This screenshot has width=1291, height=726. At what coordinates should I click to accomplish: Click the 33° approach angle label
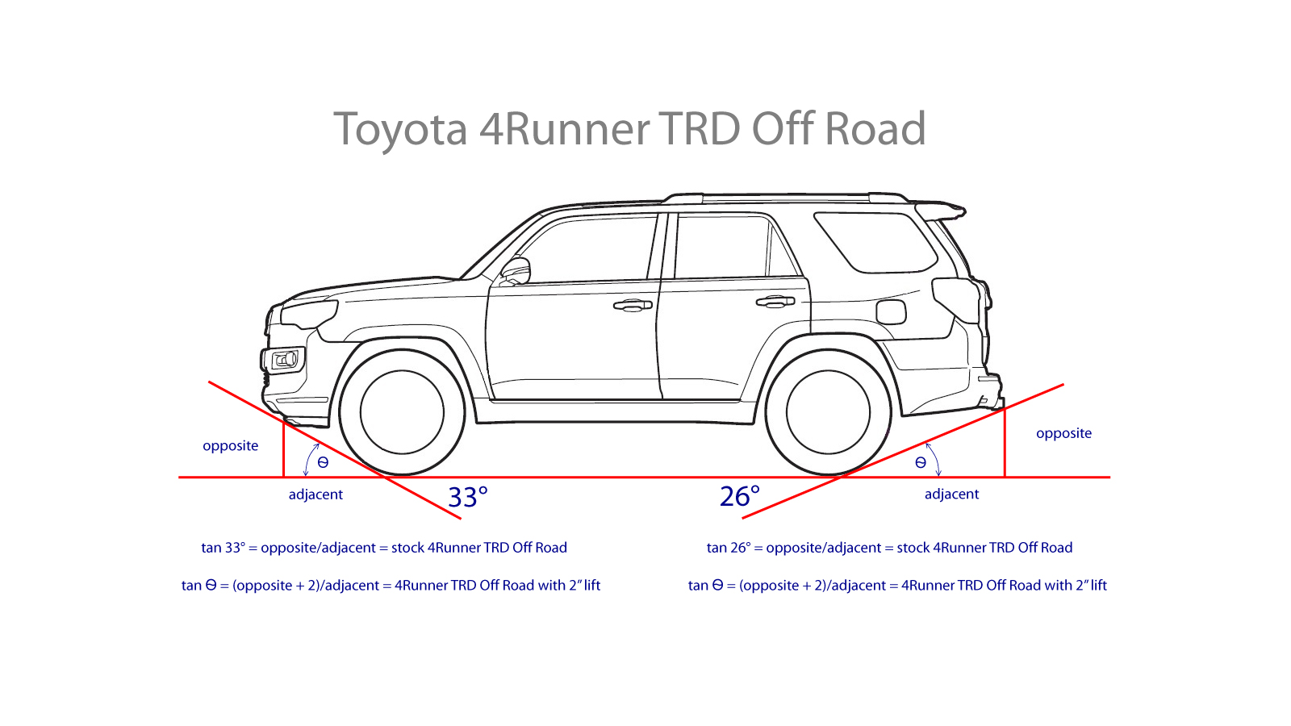pos(467,497)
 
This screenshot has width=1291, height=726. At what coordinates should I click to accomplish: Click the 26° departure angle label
pos(739,496)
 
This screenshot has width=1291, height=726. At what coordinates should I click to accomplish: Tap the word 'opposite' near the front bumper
pos(230,445)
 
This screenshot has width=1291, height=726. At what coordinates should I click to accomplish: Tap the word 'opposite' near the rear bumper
pos(1063,433)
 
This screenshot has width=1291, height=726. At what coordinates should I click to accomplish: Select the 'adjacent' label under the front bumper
pos(315,494)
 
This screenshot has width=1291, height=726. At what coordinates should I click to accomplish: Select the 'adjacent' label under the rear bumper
pos(951,494)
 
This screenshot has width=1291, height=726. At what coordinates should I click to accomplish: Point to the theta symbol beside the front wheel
pos(323,462)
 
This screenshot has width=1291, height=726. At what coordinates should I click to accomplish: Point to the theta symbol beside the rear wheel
pos(921,462)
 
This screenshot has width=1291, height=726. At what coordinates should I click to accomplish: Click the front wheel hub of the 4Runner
pos(402,411)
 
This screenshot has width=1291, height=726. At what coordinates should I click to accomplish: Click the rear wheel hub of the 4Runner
pos(828,411)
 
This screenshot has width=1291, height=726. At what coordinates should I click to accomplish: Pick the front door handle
pos(633,305)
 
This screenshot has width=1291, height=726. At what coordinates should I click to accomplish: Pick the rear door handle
pos(775,301)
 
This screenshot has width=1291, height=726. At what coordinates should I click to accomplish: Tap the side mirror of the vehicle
pos(516,270)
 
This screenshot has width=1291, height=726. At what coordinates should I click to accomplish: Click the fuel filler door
pos(891,311)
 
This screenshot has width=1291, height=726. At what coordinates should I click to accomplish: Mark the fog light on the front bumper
pos(285,359)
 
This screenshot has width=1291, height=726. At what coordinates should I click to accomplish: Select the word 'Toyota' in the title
pos(400,129)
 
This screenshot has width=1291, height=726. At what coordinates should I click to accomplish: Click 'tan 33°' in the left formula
pos(223,548)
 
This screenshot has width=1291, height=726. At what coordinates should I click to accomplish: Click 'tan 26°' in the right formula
pos(728,548)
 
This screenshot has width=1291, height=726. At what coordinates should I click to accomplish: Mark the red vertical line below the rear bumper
pos(1005,444)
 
